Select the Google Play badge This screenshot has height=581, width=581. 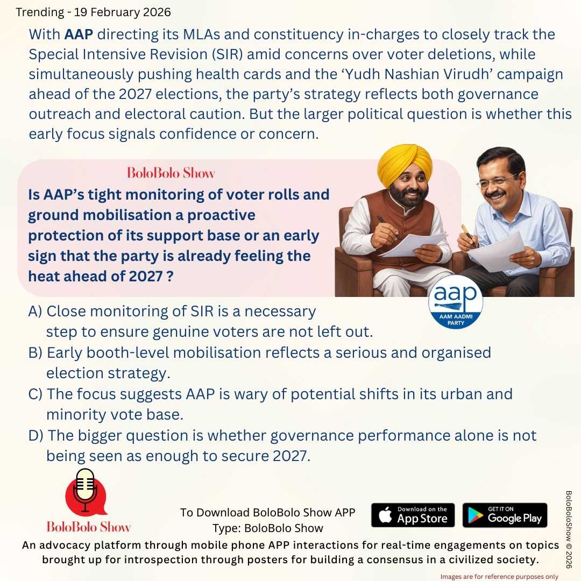[x=505, y=515]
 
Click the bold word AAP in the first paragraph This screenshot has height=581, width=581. [x=79, y=35]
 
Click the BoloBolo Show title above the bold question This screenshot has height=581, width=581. [x=171, y=173]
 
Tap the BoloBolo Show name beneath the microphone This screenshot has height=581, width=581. [x=88, y=526]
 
